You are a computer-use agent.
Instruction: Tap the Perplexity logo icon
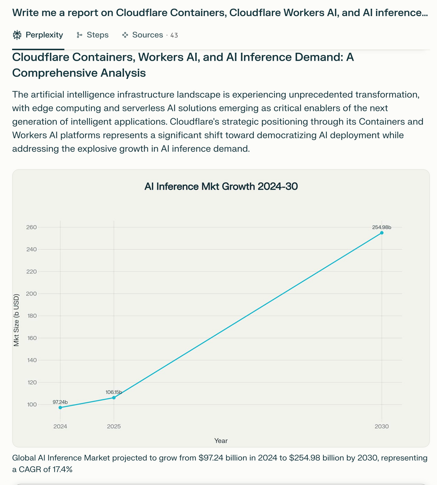tap(17, 35)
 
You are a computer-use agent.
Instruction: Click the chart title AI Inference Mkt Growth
tap(221, 187)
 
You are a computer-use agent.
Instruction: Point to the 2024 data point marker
tap(60, 407)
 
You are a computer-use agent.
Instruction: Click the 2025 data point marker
tap(114, 398)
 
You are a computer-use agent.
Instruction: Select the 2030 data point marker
tap(382, 233)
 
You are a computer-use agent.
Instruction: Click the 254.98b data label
tap(381, 227)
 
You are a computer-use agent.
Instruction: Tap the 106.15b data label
tap(114, 392)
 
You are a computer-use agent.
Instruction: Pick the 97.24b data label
tap(60, 402)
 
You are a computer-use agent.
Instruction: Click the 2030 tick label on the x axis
tap(382, 427)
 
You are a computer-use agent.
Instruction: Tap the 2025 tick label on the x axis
tap(114, 427)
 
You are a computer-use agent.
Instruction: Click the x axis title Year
tap(221, 441)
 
